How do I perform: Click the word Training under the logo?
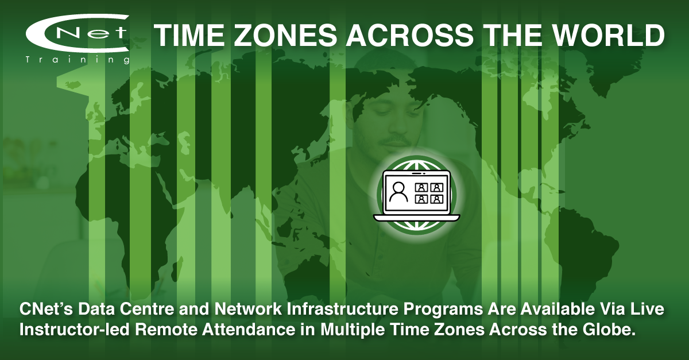[77, 60]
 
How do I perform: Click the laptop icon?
[417, 196]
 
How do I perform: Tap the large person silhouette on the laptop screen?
[398, 192]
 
